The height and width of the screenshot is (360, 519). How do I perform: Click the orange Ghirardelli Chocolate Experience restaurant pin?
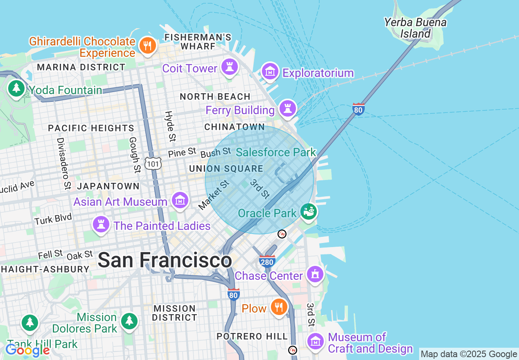147,45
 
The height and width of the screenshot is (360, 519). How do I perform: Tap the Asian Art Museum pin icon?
180,200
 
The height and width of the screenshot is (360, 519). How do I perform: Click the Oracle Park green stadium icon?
309,211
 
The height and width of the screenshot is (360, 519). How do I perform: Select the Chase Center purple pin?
315,274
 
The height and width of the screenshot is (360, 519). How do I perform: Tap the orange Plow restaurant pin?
279,307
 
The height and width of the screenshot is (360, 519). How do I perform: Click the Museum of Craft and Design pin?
315,341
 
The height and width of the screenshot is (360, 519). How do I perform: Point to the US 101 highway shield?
153,164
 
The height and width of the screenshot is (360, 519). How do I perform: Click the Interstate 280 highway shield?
267,261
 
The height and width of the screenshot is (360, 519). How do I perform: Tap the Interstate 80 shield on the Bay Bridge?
358,109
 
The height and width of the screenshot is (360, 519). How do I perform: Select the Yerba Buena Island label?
415,28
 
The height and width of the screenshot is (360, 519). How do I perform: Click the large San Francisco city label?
165,261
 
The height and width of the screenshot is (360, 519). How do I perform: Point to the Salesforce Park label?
276,153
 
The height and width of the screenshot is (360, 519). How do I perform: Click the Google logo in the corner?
27,350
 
